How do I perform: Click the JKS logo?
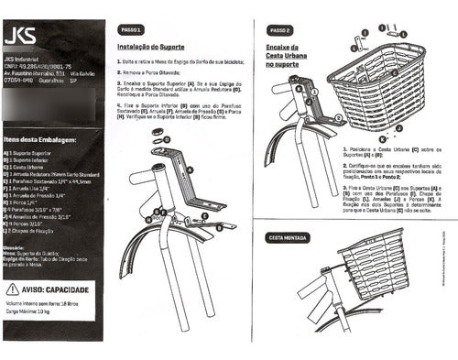tap(21, 38)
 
